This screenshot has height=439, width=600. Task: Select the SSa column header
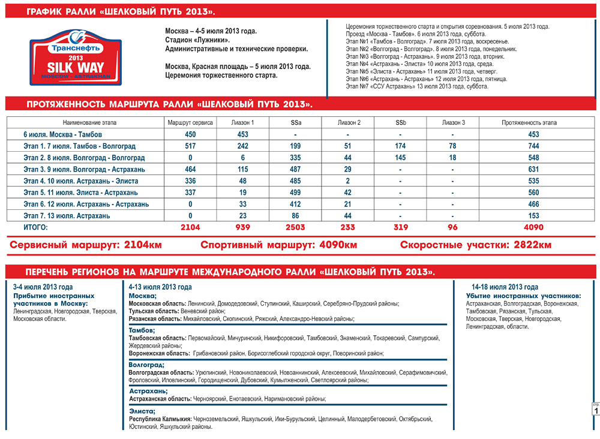pos(295,123)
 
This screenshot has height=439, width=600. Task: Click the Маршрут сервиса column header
pos(190,123)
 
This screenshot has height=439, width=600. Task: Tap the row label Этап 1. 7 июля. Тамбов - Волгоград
pos(80,146)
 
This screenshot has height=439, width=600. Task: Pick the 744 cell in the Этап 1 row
pos(533,146)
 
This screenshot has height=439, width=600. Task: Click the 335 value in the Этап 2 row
pos(295,158)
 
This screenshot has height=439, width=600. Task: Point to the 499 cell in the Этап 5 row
pos(295,193)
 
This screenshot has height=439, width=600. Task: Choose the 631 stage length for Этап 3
pos(533,169)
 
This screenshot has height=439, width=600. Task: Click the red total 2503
pos(295,227)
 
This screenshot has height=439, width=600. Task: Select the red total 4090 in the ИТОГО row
pos(533,227)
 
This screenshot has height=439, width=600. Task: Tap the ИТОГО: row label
pos(35,227)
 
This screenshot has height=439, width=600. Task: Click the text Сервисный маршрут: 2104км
pos(85,245)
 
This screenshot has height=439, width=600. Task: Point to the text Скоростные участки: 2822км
pos(476,245)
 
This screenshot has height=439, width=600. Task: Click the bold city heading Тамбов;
pos(142,330)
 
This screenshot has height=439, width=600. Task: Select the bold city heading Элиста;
pos(142,411)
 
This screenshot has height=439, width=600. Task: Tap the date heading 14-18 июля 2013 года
pos(505,287)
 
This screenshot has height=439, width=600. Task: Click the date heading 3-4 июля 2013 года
pos(43,287)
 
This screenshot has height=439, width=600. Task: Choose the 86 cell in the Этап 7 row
pos(295,216)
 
